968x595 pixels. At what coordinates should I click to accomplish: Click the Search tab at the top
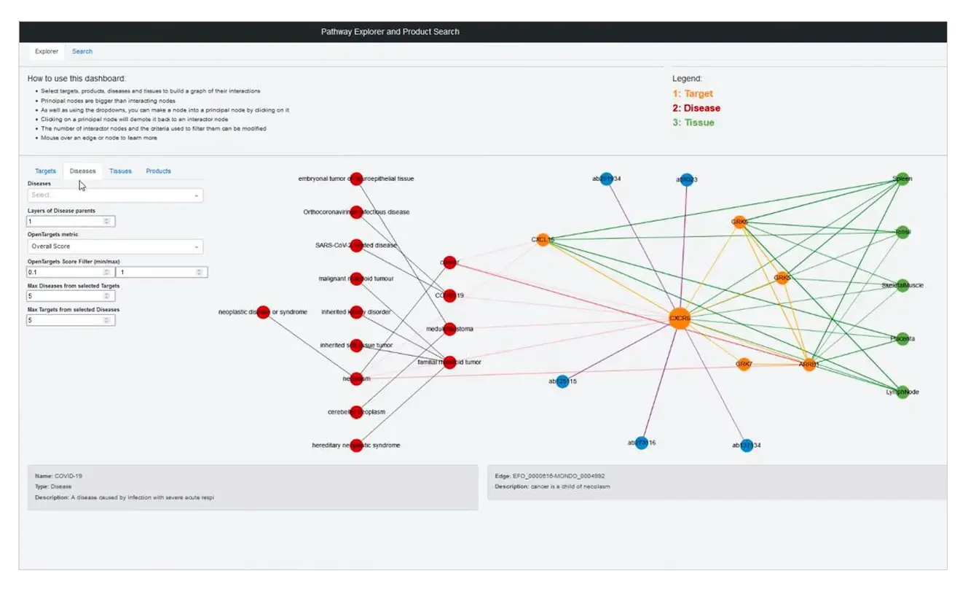(x=82, y=52)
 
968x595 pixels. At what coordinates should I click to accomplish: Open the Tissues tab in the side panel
(x=120, y=171)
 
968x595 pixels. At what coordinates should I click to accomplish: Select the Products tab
(x=158, y=171)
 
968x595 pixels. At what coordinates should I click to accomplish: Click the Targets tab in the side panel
(x=45, y=171)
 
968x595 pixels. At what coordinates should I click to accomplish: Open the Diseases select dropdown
(x=115, y=195)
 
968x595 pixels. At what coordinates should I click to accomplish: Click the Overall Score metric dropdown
(x=115, y=246)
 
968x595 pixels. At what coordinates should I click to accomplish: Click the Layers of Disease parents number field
(x=70, y=221)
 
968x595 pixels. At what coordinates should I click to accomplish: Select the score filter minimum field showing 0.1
(x=70, y=272)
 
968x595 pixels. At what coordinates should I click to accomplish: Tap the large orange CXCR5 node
(x=680, y=319)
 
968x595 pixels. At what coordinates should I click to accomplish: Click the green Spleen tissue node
(x=902, y=179)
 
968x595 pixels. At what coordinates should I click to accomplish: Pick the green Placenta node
(x=902, y=338)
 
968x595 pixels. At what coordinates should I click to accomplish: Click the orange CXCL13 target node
(x=543, y=239)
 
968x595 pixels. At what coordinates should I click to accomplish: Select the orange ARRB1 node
(x=808, y=365)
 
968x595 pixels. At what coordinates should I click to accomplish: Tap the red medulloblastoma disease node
(x=449, y=329)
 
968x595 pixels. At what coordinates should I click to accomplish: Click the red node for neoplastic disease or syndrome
(x=263, y=312)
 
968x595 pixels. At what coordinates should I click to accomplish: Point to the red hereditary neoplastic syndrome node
(x=356, y=445)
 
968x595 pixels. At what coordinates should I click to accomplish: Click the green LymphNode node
(x=902, y=392)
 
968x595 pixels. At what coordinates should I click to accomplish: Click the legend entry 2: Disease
(x=696, y=108)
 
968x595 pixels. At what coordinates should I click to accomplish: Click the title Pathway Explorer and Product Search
(x=390, y=31)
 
